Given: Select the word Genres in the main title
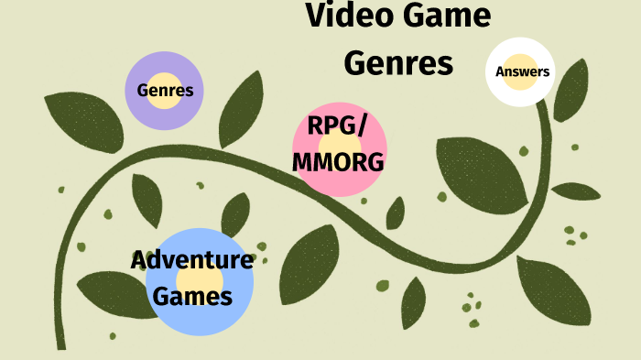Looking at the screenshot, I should click(398, 62).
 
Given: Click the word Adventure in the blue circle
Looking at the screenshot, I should click(191, 259).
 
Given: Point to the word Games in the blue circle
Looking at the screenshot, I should click(192, 296).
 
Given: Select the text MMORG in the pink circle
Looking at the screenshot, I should click(338, 162).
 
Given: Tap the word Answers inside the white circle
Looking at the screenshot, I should click(522, 71).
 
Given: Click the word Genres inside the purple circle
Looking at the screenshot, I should click(165, 91).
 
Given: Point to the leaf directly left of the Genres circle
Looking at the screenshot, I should click(84, 120).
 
